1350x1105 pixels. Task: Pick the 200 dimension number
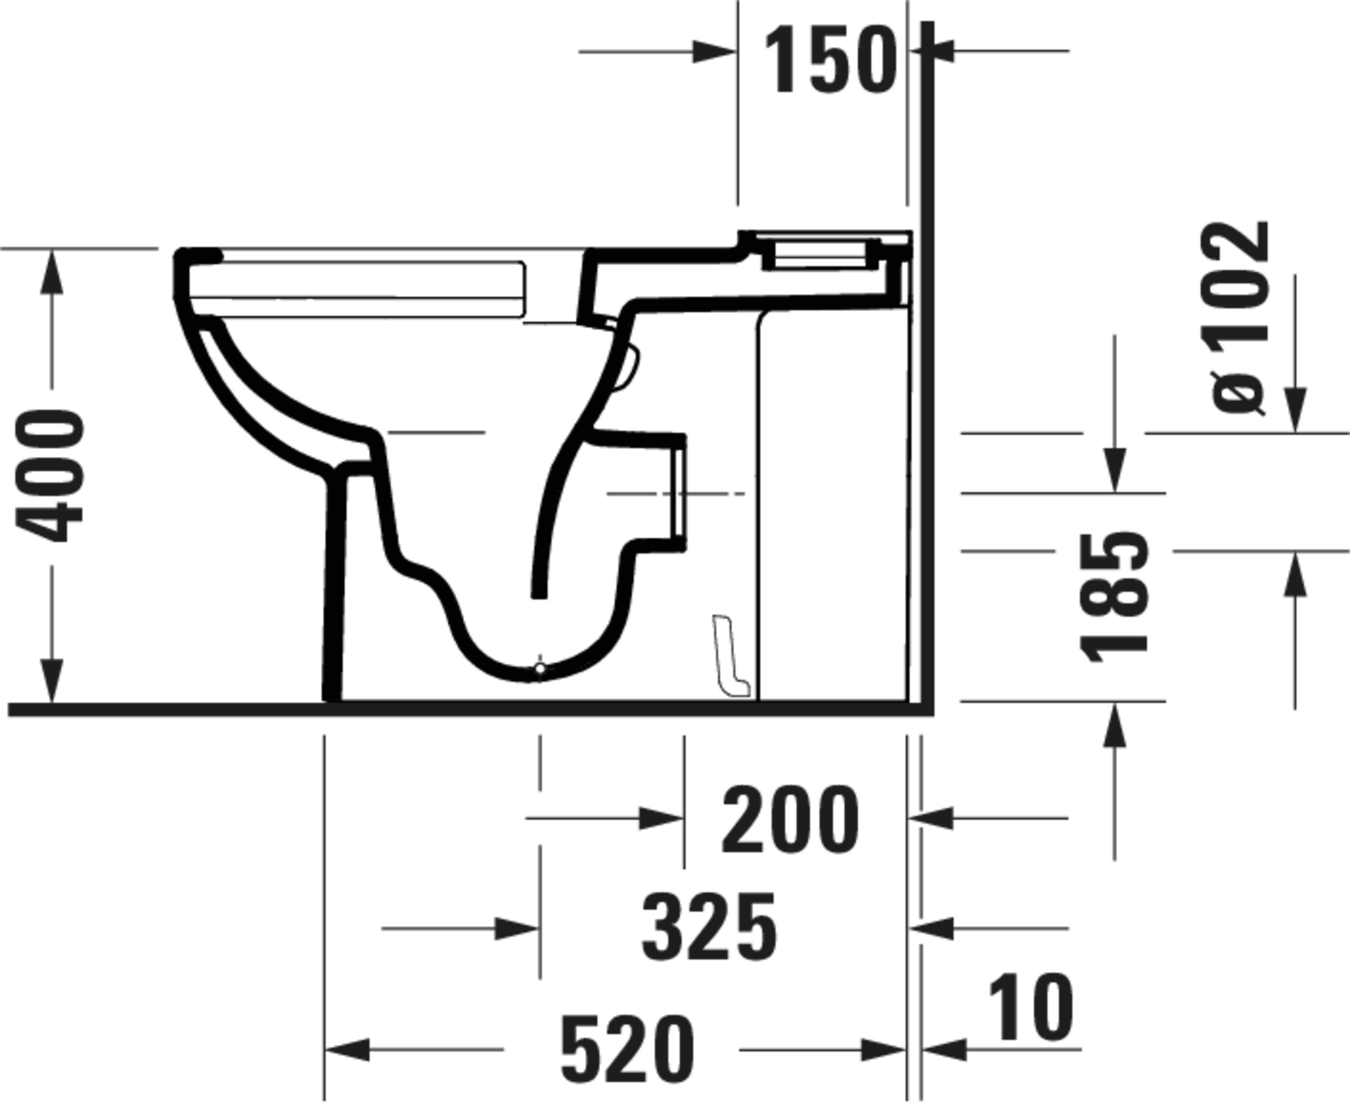point(790,820)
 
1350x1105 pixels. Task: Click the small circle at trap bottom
point(540,668)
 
